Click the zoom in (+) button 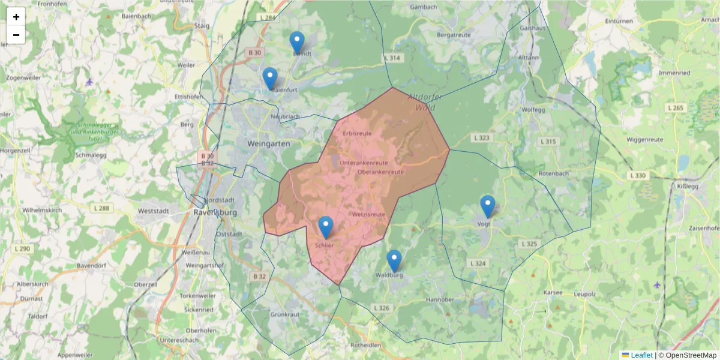[16, 17]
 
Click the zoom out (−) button [16, 35]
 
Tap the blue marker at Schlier [326, 227]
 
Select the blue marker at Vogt [488, 206]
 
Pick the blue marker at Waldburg [394, 261]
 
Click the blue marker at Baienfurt [270, 79]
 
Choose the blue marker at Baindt [297, 43]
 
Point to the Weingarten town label [268, 144]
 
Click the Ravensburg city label [216, 212]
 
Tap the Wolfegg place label [533, 110]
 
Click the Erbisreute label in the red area [357, 133]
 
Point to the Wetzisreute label [368, 214]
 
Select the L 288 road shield [102, 208]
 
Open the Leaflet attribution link [641, 355]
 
